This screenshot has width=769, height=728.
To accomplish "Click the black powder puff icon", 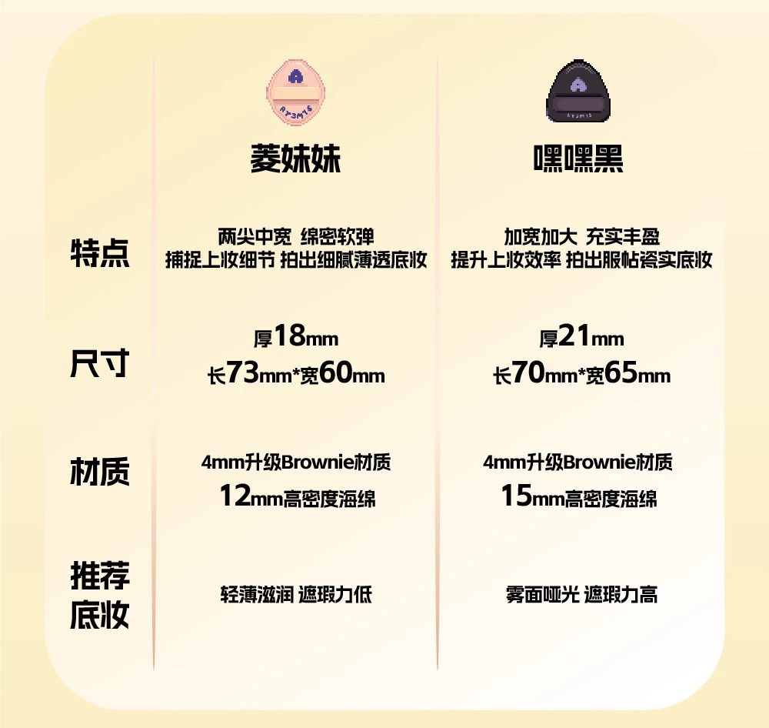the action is point(580,91).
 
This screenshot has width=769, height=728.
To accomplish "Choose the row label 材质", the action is point(100,472).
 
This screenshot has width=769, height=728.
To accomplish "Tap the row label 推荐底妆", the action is point(100,596).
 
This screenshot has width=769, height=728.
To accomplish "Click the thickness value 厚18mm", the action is point(296,337).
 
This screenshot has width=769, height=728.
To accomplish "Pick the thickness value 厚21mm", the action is point(581,337).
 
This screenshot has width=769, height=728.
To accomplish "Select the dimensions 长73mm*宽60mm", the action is point(296,375).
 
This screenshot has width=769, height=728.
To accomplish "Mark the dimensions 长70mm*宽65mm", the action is point(581,375).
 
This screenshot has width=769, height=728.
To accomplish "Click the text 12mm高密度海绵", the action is point(297,497).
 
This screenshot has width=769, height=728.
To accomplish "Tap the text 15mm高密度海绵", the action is point(579,497).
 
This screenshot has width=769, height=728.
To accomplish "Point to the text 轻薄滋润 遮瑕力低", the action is point(296,594).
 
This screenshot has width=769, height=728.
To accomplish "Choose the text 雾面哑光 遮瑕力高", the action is point(581,594).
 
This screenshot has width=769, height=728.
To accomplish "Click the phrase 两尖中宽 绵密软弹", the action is point(296,236).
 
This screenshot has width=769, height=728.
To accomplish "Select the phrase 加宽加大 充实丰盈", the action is point(581,236).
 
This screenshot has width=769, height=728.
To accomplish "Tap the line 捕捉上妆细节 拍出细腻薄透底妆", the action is point(296,260).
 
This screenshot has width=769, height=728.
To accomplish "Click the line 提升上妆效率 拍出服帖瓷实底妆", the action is point(581,260).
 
